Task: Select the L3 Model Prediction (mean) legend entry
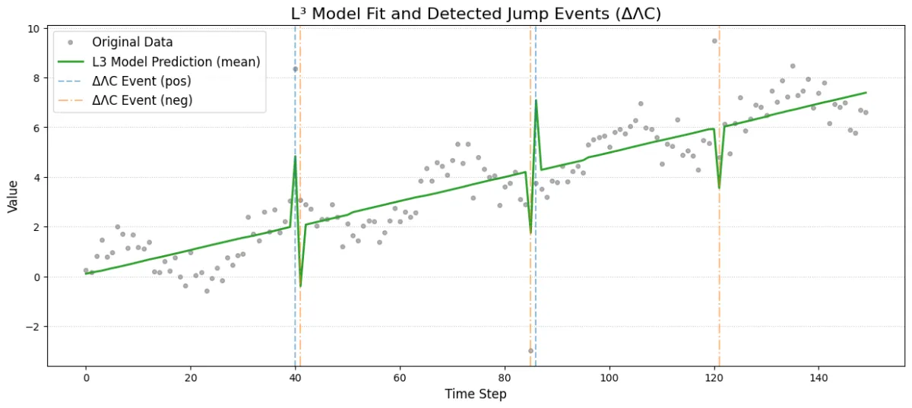pos(176,62)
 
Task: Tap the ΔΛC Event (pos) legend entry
pos(141,80)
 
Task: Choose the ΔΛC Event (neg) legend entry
pos(141,99)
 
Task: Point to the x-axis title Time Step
pos(476,394)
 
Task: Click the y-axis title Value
pos(14,197)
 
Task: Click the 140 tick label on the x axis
pos(819,377)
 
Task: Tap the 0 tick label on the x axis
pos(86,377)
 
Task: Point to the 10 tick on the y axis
pos(34,29)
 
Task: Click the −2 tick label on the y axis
pos(32,327)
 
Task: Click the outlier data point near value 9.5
pos(714,41)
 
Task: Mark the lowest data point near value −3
pos(530,350)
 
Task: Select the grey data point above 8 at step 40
pos(296,69)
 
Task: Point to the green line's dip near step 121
pos(719,188)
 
